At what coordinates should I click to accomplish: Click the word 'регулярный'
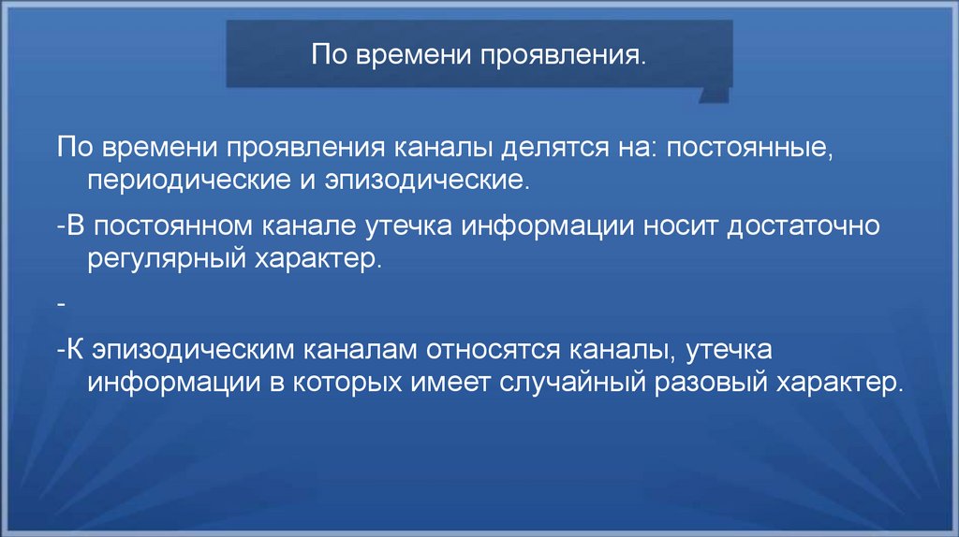(156, 259)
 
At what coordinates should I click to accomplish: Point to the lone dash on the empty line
(60, 305)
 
